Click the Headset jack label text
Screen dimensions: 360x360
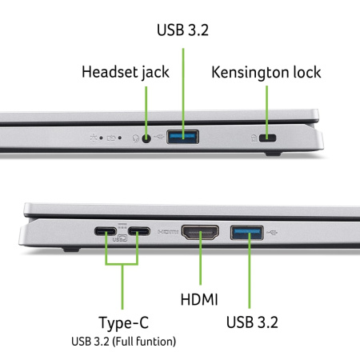click(126, 72)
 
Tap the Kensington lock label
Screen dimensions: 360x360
click(266, 72)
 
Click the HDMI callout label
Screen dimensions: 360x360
click(200, 300)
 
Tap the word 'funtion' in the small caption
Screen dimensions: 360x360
click(158, 342)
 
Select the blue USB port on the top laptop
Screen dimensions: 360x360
click(182, 138)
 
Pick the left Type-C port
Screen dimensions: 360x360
click(105, 233)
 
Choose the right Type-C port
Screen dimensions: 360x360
click(139, 233)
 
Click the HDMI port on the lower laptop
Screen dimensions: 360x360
click(200, 234)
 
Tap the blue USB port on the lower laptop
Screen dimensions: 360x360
click(246, 234)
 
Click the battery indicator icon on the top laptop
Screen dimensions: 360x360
click(112, 138)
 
